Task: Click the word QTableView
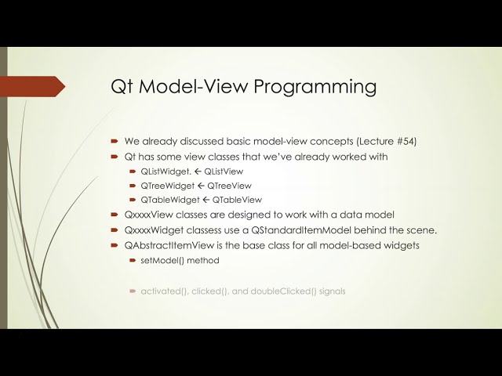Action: tap(237, 200)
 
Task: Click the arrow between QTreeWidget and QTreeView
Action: tap(201, 186)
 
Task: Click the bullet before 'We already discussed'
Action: tap(115, 141)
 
